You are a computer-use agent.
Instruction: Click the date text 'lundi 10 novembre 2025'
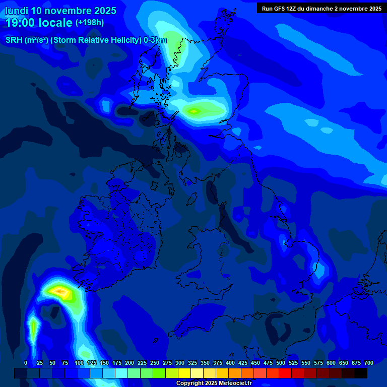60,11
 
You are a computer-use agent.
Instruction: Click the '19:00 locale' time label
39,22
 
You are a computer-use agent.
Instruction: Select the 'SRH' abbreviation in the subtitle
14,40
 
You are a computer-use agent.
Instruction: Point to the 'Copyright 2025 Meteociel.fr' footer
213,383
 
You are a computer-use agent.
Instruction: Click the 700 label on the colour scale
368,363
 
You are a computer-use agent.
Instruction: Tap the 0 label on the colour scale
25,363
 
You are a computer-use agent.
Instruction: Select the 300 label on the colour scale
180,363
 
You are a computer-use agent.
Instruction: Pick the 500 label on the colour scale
281,363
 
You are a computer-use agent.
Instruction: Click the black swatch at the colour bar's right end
361,373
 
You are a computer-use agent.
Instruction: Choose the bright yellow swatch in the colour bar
184,373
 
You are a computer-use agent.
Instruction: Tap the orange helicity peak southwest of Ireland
59,291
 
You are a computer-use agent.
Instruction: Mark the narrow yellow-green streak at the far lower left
33,329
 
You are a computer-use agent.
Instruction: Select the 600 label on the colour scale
331,363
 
